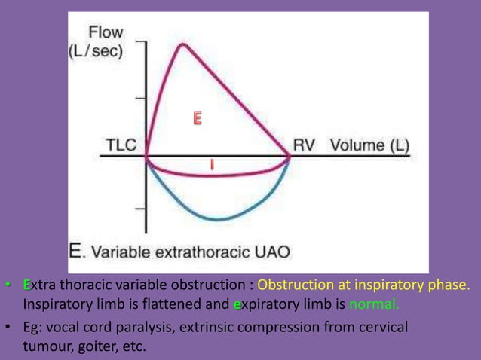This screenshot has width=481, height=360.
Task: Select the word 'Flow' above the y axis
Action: tap(106, 33)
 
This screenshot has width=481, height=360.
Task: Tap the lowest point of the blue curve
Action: tap(219, 220)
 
